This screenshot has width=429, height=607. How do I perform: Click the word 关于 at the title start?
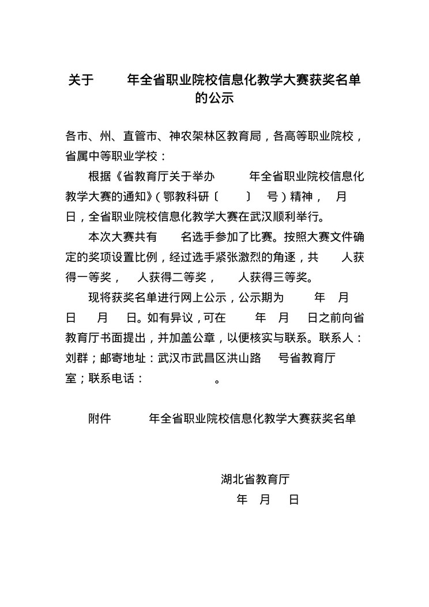[x=80, y=80]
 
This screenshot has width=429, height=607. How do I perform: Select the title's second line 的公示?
[x=215, y=98]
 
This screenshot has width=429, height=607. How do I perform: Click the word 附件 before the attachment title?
[x=99, y=418]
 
